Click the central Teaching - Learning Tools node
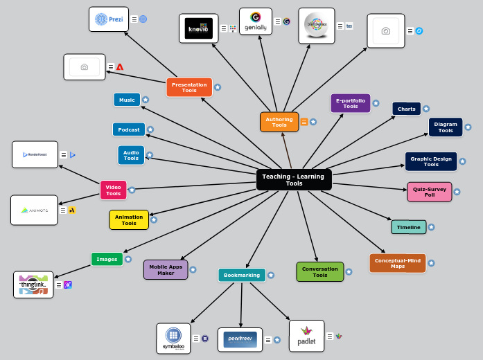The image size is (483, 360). pos(294,180)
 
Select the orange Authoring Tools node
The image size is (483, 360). pos(279,122)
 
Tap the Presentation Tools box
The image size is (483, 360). pos(189,87)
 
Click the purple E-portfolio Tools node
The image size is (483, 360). pos(351,103)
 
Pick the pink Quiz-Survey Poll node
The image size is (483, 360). pos(429,192)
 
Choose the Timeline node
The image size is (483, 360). pos(408,227)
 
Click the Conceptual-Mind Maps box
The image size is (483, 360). pos(397,263)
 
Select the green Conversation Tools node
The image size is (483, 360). pos(319,272)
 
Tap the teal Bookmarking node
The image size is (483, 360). pos(241,275)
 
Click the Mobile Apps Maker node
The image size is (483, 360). pos(166,269)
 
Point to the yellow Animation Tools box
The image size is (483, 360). pos(129,220)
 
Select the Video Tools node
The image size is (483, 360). pos(114,190)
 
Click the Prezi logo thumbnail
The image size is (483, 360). pos(109,19)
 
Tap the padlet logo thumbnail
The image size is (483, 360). pos(306,336)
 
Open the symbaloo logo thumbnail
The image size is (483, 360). pos(173,339)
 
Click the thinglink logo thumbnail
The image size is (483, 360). pos(33,285)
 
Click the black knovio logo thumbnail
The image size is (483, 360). pos(198,28)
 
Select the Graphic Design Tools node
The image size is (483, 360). pos(430,161)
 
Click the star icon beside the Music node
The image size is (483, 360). pos(146,100)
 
